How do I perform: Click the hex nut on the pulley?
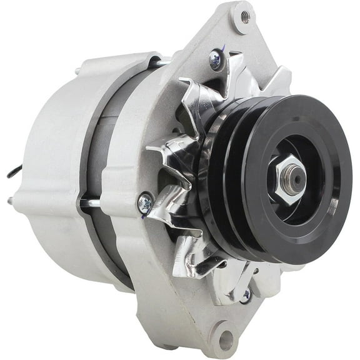click(x=288, y=179)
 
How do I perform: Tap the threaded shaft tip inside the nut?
click(x=293, y=179)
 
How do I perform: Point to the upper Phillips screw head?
click(x=216, y=59)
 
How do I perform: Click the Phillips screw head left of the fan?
click(x=145, y=203)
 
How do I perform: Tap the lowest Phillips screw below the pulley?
click(x=245, y=294)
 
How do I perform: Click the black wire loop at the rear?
click(x=14, y=170)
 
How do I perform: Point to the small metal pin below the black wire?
click(x=11, y=200)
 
